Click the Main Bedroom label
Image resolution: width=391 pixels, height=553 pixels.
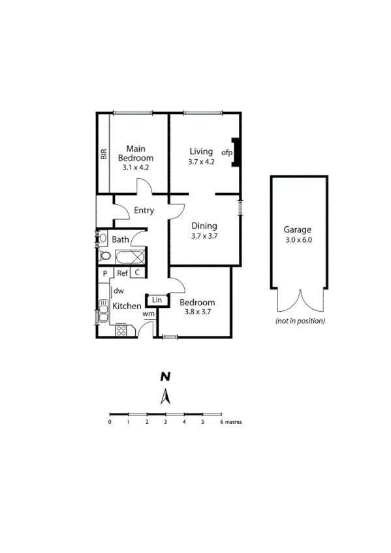click(135, 153)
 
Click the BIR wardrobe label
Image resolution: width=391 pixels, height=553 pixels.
click(104, 155)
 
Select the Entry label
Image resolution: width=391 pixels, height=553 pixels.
click(144, 211)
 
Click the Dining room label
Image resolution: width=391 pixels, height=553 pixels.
click(204, 226)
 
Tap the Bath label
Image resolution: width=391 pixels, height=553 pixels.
click(120, 240)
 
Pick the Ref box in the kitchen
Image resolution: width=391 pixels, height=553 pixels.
click(122, 273)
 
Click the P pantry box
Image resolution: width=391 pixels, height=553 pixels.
click(104, 273)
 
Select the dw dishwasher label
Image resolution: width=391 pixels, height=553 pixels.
click(119, 291)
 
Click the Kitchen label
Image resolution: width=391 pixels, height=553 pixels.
click(127, 306)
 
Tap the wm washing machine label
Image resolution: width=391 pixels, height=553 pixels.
click(148, 314)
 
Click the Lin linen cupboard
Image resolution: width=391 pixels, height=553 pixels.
click(157, 299)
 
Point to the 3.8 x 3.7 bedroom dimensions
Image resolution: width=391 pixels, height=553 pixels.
click(196, 312)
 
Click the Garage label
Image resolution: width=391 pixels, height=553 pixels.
click(297, 230)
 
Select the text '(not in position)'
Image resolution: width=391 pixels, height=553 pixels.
click(300, 321)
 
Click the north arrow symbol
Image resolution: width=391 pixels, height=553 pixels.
click(166, 396)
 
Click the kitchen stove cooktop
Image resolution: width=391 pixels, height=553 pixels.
click(122, 331)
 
